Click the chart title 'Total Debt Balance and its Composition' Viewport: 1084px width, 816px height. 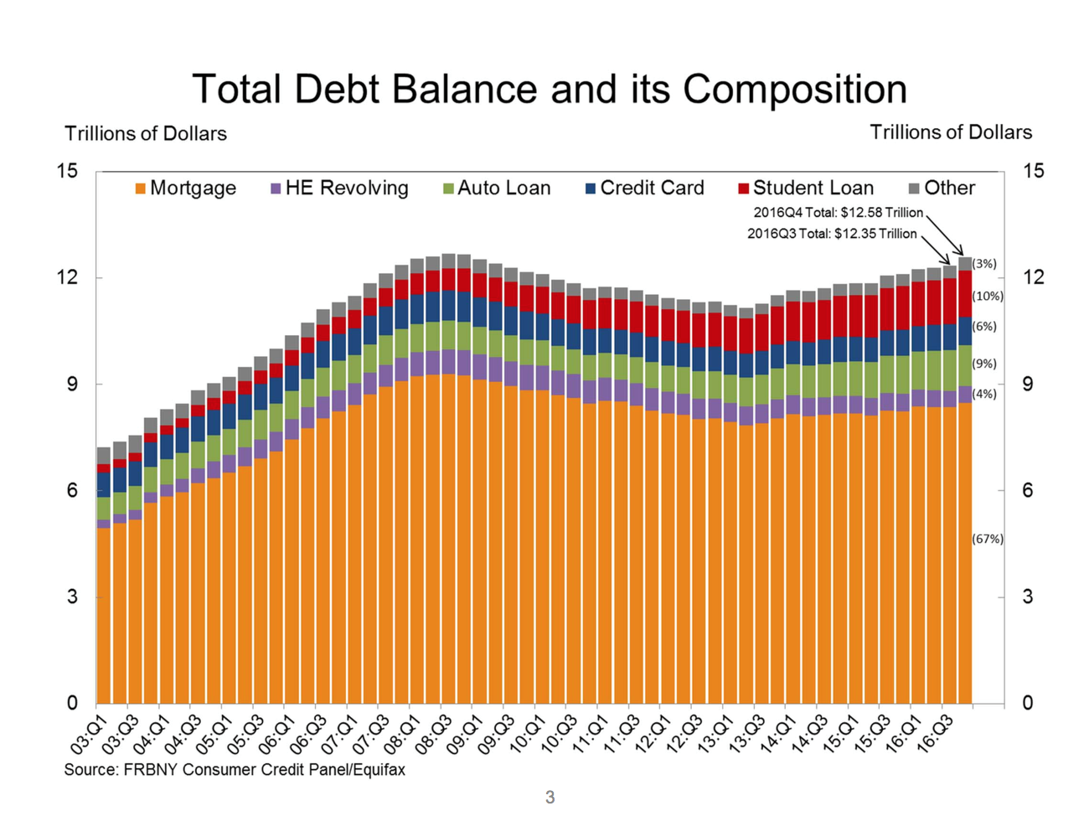(x=550, y=89)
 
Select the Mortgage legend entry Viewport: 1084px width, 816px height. (x=185, y=188)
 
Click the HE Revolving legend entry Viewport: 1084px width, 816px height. (x=339, y=188)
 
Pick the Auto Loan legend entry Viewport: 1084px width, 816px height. (x=497, y=188)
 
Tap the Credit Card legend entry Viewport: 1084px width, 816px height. (x=645, y=188)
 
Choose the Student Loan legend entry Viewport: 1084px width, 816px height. (x=806, y=188)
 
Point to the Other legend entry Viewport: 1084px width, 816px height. (x=942, y=188)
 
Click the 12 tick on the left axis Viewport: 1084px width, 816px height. (x=67, y=277)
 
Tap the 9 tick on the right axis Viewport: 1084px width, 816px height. (x=1027, y=385)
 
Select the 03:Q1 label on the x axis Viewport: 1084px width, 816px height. (x=90, y=735)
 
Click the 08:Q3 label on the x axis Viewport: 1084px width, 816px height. (x=434, y=735)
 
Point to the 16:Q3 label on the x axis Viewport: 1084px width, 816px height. (x=935, y=735)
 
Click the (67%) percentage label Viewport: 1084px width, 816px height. (x=988, y=539)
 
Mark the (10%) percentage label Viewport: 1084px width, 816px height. (x=988, y=296)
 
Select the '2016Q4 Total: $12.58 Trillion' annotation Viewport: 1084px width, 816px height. (x=838, y=213)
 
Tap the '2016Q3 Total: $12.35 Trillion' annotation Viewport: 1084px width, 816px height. (x=832, y=234)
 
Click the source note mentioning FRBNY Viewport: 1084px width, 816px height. (x=235, y=770)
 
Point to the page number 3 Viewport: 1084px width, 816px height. (x=550, y=797)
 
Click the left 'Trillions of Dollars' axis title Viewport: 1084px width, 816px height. (x=146, y=134)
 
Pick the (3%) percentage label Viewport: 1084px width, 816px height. (x=984, y=264)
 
